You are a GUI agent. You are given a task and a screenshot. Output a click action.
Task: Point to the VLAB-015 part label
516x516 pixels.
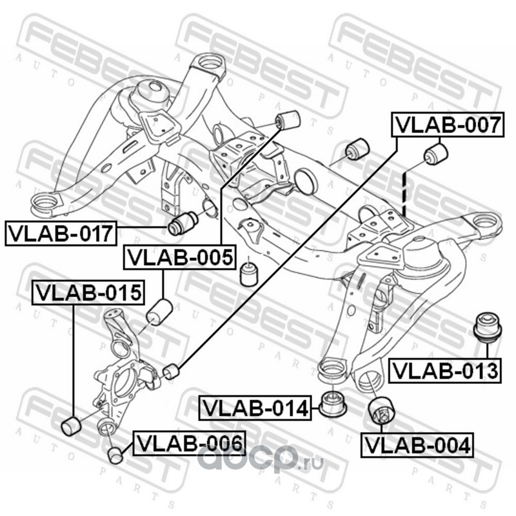87,293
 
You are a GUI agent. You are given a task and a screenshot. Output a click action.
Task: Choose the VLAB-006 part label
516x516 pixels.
188,443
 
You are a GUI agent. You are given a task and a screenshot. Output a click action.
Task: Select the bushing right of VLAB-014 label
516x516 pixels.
333,404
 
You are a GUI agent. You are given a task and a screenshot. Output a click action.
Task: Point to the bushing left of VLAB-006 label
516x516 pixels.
116,454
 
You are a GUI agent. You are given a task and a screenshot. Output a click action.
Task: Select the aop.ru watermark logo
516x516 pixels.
259,460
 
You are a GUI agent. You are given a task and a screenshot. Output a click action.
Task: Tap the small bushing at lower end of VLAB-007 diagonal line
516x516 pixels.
170,372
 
